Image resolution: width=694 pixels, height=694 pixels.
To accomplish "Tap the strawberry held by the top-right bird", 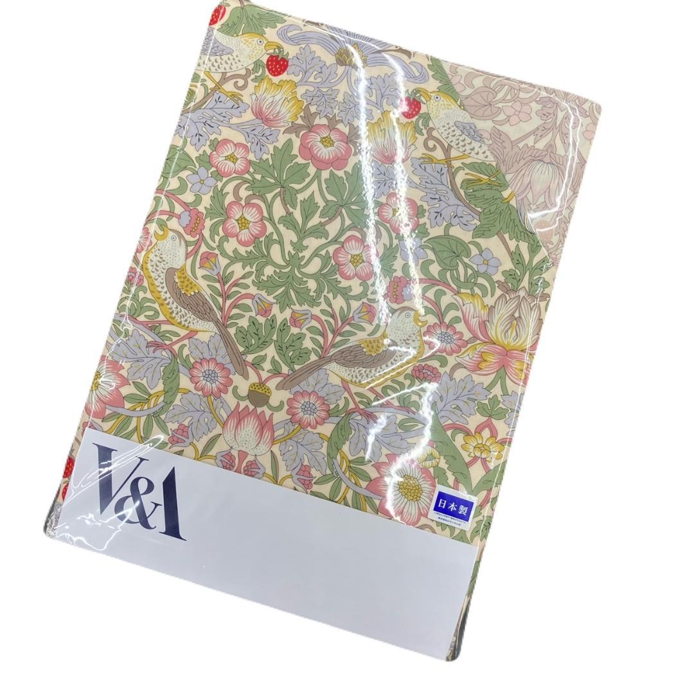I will [x=410, y=107].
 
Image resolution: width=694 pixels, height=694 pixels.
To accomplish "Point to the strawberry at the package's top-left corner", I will [x=217, y=14].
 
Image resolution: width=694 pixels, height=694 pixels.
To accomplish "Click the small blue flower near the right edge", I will [x=487, y=261].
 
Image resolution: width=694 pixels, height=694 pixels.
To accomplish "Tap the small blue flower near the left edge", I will [x=203, y=181].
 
